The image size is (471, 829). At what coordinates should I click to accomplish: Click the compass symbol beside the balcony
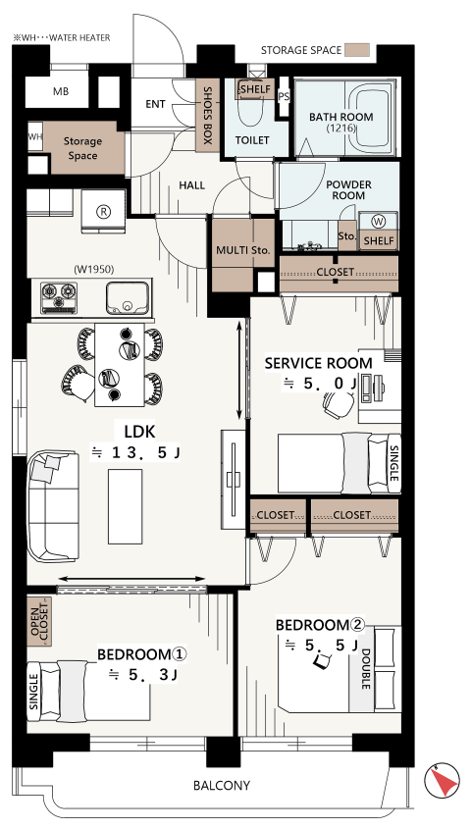click(x=442, y=780)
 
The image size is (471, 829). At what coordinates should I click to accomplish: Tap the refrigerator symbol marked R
click(x=104, y=212)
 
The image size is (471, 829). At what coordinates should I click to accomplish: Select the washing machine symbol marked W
click(x=379, y=222)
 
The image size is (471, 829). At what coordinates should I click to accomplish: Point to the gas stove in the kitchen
click(x=59, y=297)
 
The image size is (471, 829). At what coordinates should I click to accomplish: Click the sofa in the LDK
click(x=53, y=506)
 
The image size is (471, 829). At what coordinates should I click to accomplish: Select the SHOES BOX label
click(x=207, y=116)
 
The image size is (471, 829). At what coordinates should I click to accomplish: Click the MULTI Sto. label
click(x=243, y=250)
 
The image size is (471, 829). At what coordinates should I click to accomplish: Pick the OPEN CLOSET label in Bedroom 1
click(x=39, y=622)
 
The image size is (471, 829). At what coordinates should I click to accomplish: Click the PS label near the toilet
click(x=284, y=96)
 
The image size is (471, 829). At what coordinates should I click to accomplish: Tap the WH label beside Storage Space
click(x=35, y=137)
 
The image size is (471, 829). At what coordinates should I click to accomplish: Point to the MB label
click(x=61, y=91)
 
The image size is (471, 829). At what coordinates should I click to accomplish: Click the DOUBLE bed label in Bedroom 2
click(x=365, y=669)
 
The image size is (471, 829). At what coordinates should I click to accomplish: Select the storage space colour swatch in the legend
click(x=357, y=50)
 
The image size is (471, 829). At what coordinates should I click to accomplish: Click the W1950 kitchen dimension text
click(x=94, y=269)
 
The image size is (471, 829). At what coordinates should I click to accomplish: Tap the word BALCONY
click(x=222, y=785)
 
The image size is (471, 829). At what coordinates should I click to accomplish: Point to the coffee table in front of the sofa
click(x=126, y=506)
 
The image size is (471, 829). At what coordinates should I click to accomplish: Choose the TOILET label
click(x=252, y=140)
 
